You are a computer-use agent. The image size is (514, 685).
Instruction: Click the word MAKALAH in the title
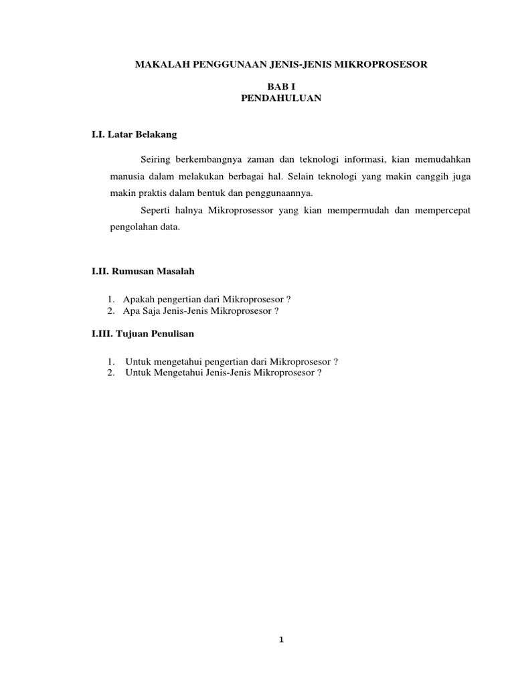(x=160, y=64)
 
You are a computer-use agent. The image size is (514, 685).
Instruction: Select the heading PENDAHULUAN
(x=281, y=98)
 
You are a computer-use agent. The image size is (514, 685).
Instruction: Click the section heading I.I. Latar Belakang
(x=135, y=134)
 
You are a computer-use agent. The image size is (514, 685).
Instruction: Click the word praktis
(x=145, y=193)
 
